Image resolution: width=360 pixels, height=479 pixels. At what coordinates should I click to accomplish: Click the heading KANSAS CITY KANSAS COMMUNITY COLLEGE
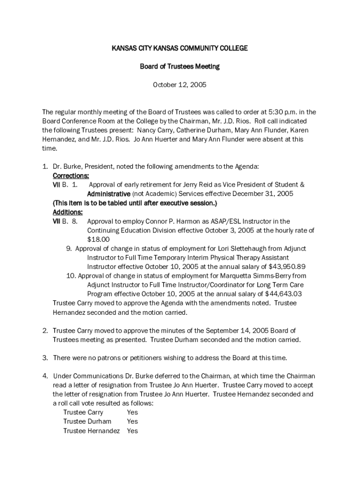(180, 48)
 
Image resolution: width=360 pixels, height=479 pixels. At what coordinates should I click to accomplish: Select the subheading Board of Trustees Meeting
(180, 66)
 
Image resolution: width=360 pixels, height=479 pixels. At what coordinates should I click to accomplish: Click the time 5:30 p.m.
(281, 112)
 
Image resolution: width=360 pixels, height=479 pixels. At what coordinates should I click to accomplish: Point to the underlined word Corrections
(71, 176)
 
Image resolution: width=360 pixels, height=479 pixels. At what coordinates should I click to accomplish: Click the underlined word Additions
(68, 212)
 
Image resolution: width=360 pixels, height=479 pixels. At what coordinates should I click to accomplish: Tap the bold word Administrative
(108, 194)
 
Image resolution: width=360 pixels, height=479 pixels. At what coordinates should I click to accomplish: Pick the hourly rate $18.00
(98, 239)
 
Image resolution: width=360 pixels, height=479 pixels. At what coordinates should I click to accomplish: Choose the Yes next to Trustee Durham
(132, 421)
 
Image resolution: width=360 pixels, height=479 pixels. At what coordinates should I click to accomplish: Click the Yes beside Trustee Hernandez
(132, 431)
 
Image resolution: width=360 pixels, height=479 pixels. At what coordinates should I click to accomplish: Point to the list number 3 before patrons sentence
(45, 358)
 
